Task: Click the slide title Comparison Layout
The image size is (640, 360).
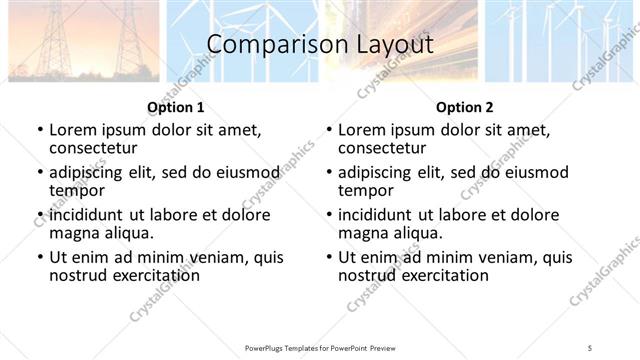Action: (319, 45)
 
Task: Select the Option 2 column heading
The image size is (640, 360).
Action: (464, 107)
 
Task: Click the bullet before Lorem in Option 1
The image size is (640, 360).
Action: (39, 131)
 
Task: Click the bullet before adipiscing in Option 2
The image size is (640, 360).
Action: (328, 173)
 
